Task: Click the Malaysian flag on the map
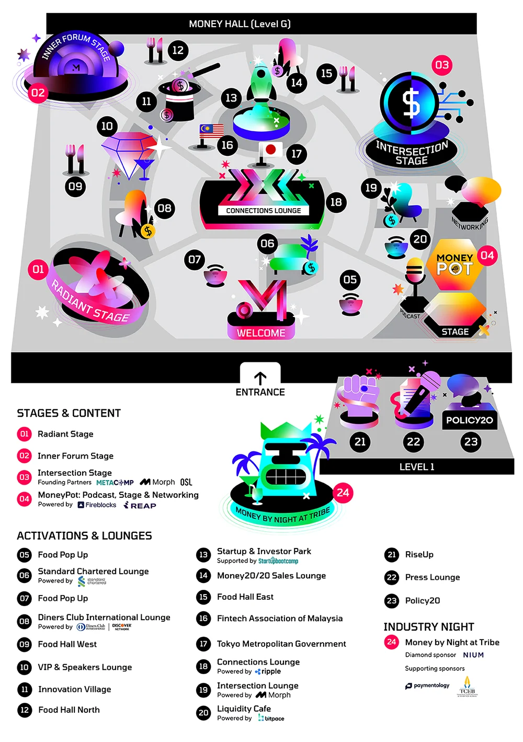point(211,131)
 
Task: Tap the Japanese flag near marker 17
point(270,150)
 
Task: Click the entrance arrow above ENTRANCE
point(260,378)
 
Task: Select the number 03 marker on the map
point(442,65)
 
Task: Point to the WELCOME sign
point(261,333)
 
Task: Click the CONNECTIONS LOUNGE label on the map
point(263,211)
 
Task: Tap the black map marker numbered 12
point(178,50)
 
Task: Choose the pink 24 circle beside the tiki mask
point(343,493)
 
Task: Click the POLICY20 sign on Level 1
point(469,420)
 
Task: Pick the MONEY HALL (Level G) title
point(240,24)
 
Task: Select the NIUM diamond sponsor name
point(473,655)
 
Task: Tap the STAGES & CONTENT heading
point(69,413)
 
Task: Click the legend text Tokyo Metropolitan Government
point(281,644)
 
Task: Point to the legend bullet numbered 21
point(391,555)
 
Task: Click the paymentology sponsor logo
point(427,686)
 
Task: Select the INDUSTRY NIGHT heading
point(428,626)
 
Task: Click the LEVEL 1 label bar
point(416,466)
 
